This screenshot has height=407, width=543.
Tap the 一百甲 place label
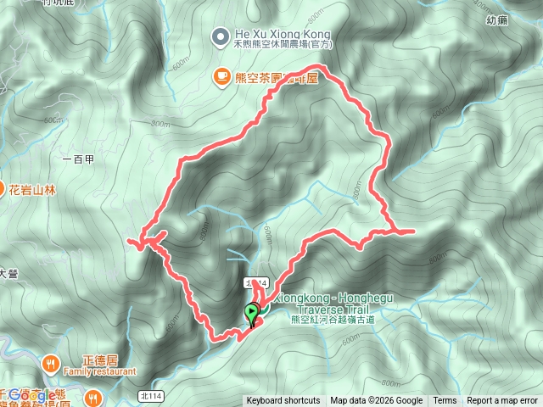point(78,159)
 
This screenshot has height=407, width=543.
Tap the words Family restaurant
point(99,371)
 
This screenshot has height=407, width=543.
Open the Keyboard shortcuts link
point(283,401)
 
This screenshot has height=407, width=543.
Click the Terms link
point(445,401)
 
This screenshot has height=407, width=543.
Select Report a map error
point(502,401)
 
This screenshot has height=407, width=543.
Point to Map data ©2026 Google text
point(377,401)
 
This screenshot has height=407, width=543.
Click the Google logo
point(34,395)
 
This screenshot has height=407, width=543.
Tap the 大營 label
point(8,273)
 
